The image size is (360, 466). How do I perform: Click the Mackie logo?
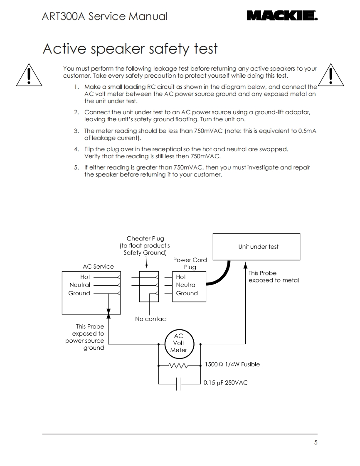(282, 16)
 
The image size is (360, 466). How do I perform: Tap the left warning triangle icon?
(29, 75)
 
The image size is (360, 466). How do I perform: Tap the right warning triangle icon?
(331, 75)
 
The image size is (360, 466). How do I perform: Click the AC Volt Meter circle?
(179, 343)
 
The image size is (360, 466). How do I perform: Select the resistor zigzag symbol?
(178, 365)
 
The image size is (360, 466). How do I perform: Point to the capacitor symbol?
(179, 384)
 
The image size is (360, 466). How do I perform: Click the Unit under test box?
(256, 246)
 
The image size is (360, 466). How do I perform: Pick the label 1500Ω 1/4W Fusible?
(232, 364)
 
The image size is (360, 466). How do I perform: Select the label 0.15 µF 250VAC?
(225, 383)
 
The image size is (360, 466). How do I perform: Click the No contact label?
(151, 319)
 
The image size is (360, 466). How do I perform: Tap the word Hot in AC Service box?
(85, 277)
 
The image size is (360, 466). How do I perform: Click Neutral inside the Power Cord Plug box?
(186, 285)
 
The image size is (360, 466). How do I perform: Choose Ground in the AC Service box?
(79, 293)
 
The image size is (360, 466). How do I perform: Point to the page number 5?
(316, 443)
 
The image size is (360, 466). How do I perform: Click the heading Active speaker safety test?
(130, 49)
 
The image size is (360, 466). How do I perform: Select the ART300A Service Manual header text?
(105, 16)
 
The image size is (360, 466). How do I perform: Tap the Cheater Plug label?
(145, 238)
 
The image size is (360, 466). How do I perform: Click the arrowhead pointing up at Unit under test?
(245, 265)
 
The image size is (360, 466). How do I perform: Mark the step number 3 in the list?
(76, 131)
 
